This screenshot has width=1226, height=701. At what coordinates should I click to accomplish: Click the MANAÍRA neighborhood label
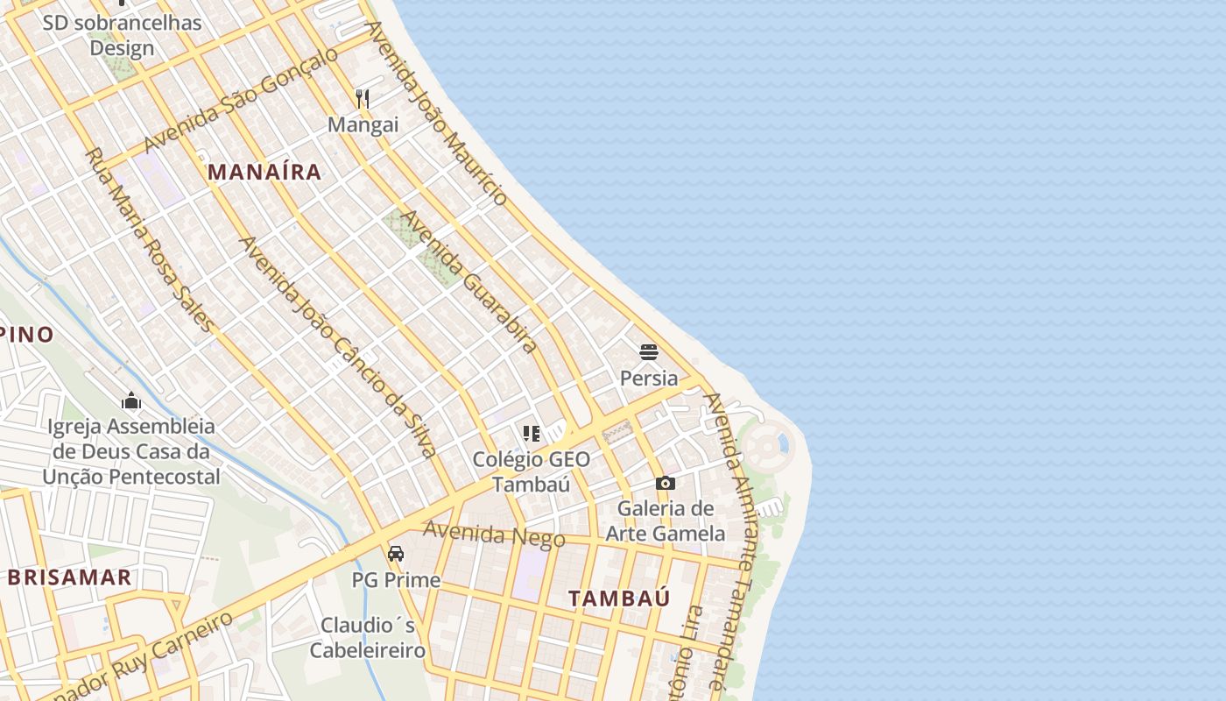click(264, 173)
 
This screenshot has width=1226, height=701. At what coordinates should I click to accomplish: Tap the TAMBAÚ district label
click(619, 598)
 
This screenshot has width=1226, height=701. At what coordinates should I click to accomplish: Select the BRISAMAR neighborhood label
click(70, 577)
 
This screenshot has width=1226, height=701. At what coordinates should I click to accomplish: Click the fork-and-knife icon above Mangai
click(363, 98)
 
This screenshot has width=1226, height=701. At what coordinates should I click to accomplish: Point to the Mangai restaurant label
click(363, 124)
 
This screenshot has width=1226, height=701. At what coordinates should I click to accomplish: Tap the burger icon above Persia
click(649, 352)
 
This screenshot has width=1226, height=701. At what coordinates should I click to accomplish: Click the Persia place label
click(649, 378)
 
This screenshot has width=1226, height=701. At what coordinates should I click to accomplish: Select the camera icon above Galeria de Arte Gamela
click(666, 483)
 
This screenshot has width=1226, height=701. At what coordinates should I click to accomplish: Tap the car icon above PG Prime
click(396, 554)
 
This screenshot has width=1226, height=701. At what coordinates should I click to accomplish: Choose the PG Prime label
click(396, 580)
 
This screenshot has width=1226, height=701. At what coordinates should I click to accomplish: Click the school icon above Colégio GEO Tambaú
click(532, 434)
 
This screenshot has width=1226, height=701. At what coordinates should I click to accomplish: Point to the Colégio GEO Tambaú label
click(532, 471)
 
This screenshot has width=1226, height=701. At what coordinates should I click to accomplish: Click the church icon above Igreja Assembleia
click(131, 401)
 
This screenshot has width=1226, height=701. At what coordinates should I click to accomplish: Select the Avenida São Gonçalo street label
click(240, 100)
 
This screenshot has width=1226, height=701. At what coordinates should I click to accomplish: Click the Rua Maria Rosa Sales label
click(149, 239)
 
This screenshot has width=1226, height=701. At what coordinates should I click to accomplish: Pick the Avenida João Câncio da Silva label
click(338, 347)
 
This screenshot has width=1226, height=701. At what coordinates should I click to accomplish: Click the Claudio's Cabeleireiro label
click(368, 638)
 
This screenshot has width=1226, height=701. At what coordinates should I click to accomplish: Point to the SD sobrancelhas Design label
click(122, 35)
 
